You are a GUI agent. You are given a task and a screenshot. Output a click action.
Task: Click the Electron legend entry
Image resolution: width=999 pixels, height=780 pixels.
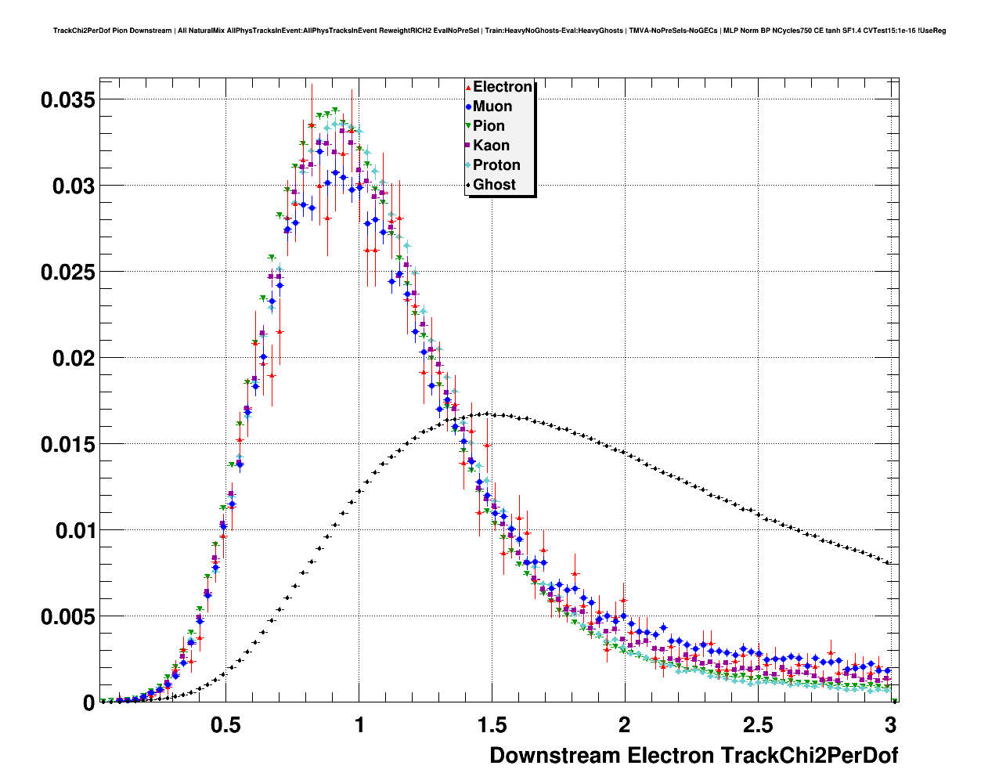(502, 87)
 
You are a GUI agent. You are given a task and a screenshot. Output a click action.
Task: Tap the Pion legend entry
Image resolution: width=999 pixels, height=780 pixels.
(489, 126)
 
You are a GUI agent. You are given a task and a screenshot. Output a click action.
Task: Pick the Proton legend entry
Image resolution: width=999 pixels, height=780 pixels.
(496, 165)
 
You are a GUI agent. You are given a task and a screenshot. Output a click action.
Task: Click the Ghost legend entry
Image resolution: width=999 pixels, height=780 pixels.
(494, 185)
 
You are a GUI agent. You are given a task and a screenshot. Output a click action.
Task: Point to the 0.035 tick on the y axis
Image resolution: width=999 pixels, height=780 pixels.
(68, 99)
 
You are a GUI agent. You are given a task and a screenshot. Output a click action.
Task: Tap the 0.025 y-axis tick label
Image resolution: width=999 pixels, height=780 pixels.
(68, 272)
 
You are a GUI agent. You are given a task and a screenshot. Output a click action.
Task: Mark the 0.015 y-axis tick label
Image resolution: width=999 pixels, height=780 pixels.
(68, 444)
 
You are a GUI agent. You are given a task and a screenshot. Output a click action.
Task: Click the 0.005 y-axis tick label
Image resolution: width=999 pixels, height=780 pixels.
(68, 616)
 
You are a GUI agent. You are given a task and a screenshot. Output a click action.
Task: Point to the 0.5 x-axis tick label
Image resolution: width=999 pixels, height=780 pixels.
(225, 725)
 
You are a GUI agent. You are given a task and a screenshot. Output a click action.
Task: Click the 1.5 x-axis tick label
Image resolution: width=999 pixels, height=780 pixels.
(492, 725)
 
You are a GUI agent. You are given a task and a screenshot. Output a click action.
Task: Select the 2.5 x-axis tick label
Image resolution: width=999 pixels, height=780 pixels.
(757, 725)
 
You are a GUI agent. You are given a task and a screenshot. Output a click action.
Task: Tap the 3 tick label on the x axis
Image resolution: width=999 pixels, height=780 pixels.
(890, 725)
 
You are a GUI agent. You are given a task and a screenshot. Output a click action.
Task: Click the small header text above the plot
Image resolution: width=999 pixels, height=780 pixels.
(499, 31)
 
